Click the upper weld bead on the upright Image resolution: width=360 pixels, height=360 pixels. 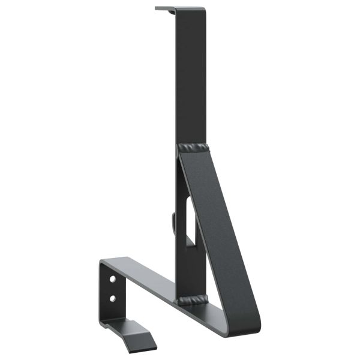click(x=192, y=147)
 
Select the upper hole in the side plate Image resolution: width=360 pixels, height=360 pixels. click(x=113, y=279)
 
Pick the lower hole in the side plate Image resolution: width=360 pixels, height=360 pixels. click(x=112, y=297)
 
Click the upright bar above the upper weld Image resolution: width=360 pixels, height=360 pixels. click(x=191, y=78)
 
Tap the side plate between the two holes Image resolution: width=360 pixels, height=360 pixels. click(x=112, y=288)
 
